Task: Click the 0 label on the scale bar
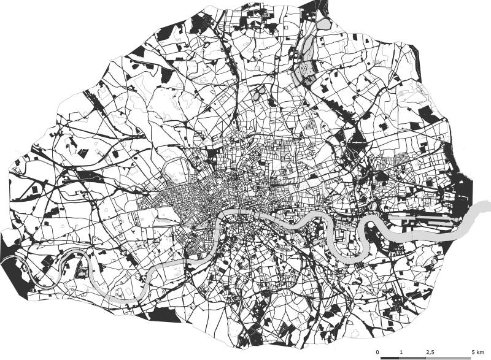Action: coord(382,351)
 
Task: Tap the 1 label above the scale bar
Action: coord(401,351)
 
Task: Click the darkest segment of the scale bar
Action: coord(391,358)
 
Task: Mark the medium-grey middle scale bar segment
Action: coord(416,358)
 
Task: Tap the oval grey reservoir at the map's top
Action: coord(323,25)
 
